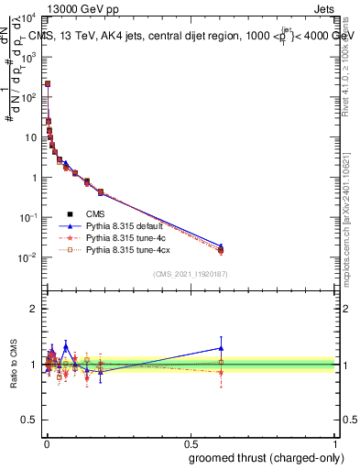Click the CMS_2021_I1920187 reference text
pos(191,274)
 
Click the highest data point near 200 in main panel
pos(48,83)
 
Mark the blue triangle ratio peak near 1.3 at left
pos(65,346)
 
